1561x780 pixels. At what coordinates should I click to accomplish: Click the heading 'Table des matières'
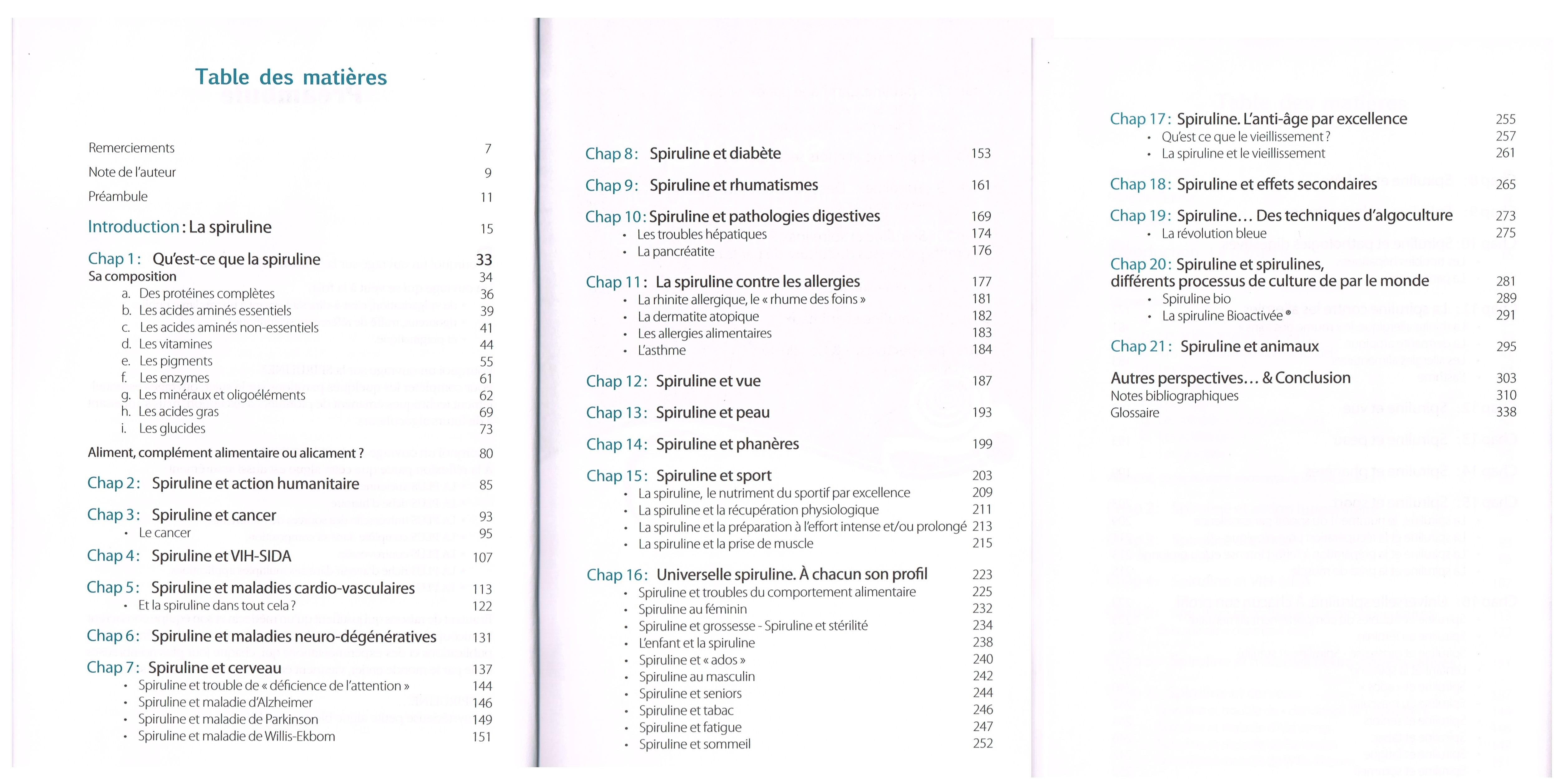291,77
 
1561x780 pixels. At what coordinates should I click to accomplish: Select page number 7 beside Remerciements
488,149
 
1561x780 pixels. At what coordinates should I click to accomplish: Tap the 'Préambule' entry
118,196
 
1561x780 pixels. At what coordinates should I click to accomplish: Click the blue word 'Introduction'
133,227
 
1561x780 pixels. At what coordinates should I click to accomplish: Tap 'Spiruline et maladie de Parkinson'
228,719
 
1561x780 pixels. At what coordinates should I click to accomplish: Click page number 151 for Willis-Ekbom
482,737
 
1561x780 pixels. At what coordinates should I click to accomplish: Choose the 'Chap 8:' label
611,154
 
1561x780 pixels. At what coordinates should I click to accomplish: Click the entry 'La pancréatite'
676,251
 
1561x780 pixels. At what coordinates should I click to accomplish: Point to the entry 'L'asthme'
662,350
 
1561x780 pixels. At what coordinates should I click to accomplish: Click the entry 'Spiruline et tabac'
686,710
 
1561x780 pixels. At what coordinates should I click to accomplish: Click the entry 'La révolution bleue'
1214,233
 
